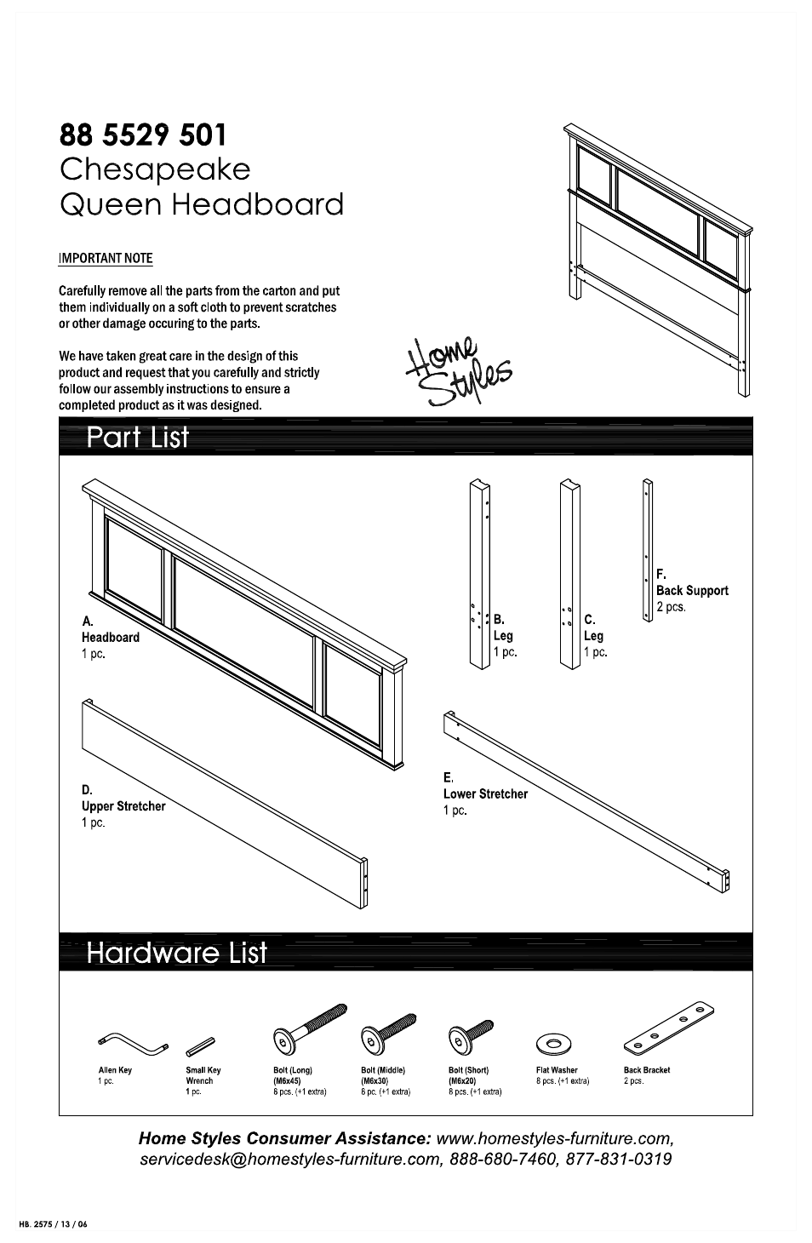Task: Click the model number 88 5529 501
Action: [143, 135]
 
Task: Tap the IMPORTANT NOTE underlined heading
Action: [106, 258]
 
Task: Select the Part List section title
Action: [138, 438]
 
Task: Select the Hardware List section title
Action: [177, 952]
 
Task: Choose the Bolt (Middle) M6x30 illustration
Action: [388, 1031]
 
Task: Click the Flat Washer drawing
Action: [553, 1043]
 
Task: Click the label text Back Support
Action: [692, 590]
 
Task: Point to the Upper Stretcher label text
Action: [123, 806]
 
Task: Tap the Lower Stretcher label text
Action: [485, 793]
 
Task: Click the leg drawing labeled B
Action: [480, 574]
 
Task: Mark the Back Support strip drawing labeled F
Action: [648, 550]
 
